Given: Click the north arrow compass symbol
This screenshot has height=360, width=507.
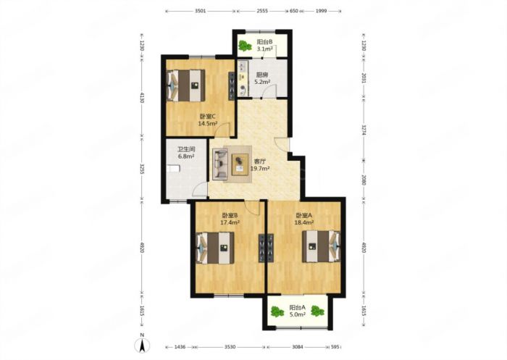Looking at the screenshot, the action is tap(142, 345).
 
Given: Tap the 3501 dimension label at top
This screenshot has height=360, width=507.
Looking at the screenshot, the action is tap(201, 11).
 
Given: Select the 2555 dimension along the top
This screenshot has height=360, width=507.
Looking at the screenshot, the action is tap(262, 11).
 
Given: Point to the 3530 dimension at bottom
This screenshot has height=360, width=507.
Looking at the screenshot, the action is tap(230, 347).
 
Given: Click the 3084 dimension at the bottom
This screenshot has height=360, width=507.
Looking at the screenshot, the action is tap(298, 347).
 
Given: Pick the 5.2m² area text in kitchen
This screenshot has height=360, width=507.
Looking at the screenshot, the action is tap(262, 82).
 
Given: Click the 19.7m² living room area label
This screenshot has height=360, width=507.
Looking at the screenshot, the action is tap(260, 169).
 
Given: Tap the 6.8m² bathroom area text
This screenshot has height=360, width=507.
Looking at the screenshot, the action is tap(186, 156).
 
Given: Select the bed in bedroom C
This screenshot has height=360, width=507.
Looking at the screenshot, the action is tap(186, 85).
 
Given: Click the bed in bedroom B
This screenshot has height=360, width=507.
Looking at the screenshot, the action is tap(215, 248).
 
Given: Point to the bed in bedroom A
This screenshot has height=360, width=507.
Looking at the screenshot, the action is tap(321, 246).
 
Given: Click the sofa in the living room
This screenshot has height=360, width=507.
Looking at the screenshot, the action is tap(220, 164).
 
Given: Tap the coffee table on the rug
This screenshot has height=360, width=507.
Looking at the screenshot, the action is tap(240, 164).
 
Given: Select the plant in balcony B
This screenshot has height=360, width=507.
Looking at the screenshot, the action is tap(245, 46).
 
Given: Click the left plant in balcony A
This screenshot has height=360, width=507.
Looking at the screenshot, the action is tap(277, 311).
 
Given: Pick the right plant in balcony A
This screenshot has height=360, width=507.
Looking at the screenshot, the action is tap(317, 311).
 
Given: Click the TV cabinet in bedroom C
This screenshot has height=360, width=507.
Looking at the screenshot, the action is tap(232, 85).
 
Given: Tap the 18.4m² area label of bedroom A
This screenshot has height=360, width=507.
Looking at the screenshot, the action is tap(304, 222).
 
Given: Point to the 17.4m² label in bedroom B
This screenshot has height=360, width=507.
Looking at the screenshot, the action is tap(230, 222).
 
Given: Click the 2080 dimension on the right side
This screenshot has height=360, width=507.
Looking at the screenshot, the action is tap(364, 180).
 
